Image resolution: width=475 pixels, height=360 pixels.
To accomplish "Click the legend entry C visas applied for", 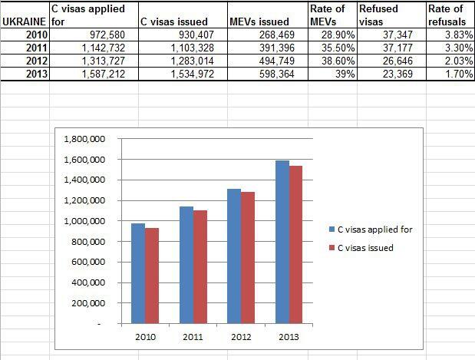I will (x=371, y=229).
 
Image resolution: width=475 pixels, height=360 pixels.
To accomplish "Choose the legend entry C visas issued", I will (x=361, y=247).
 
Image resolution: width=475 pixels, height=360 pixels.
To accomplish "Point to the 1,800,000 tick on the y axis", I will (x=91, y=139).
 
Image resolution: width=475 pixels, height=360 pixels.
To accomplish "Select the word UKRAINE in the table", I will (x=24, y=22).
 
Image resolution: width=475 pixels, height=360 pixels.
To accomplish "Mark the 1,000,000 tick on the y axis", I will (x=91, y=221).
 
